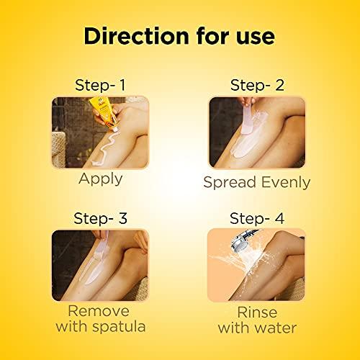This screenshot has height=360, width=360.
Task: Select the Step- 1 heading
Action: [x=100, y=85]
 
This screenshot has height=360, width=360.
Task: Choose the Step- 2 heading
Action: [x=257, y=85]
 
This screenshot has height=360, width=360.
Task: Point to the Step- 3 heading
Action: [x=100, y=217]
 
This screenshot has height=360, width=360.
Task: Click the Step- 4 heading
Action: [x=257, y=217]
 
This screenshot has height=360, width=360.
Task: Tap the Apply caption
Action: [x=101, y=179]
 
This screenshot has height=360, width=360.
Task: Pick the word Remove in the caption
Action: [x=101, y=312]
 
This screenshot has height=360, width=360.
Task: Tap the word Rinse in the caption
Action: [x=257, y=312]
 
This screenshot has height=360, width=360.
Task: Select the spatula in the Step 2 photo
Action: [x=243, y=115]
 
